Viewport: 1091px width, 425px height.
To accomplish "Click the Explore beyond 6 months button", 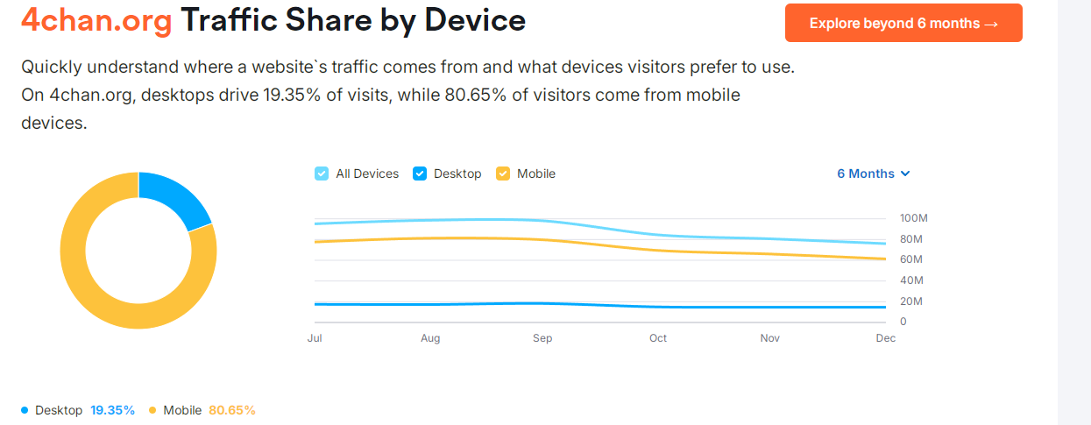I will coord(903,24).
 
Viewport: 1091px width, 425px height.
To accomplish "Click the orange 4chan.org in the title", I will coord(96,21).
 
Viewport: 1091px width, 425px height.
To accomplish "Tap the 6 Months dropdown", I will coord(873,174).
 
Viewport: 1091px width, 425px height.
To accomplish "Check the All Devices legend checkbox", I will coord(322,174).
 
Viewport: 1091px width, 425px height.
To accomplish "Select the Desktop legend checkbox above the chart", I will coord(420,174).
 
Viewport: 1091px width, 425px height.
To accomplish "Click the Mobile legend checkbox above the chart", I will coord(503,174).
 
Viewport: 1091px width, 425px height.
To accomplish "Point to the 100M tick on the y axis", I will coord(913,218).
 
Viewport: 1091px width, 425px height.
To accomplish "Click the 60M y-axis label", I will coord(911,259).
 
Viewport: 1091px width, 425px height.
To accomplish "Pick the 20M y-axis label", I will coord(911,301).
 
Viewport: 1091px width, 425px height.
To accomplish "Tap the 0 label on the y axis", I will coord(903,322).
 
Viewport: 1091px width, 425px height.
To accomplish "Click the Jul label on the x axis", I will coord(315,338).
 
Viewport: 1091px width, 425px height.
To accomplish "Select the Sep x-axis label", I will coord(542,338).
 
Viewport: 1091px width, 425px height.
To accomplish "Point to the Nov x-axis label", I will coord(769,338).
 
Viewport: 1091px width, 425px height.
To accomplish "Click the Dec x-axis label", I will coord(885,338).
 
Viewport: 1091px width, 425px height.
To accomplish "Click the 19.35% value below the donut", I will coord(112,410).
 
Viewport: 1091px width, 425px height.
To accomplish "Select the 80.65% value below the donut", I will coord(231,410).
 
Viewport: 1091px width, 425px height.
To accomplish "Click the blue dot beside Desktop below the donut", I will coord(25,410).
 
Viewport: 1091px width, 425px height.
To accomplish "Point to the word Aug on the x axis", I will coord(430,338).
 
